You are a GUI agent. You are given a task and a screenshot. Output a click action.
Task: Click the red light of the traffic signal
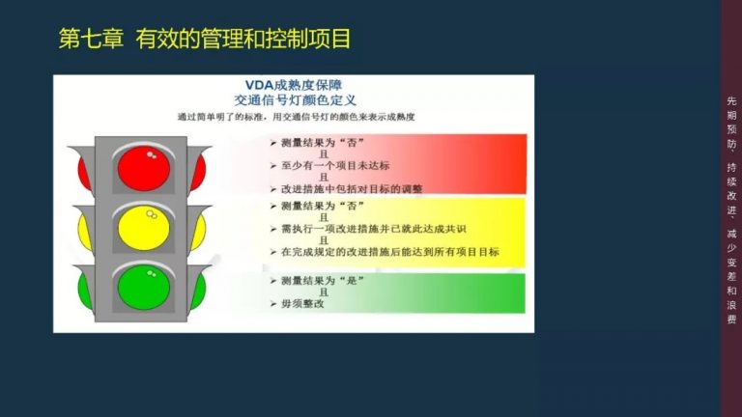point(143,168)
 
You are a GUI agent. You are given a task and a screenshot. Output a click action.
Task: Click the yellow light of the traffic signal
point(143,229)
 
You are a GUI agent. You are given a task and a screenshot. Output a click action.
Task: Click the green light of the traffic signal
point(143,288)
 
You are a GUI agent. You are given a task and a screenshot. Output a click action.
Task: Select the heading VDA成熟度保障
point(295,84)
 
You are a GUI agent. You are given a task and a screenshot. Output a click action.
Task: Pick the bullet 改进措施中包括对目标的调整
point(352,188)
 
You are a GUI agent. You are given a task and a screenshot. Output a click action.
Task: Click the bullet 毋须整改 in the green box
point(303,304)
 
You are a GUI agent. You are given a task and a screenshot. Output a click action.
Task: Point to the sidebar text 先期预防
point(731,120)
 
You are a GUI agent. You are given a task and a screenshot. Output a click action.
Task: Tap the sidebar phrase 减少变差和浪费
point(731,274)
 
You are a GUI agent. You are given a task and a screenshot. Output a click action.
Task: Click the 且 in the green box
point(326,292)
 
